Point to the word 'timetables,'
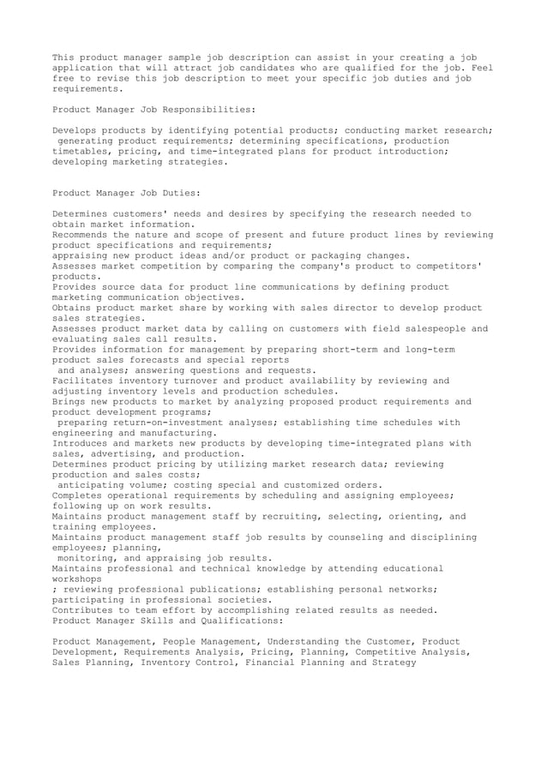[85, 151]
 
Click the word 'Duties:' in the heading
[178, 193]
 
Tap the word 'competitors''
[445, 266]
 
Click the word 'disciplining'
[437, 537]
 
